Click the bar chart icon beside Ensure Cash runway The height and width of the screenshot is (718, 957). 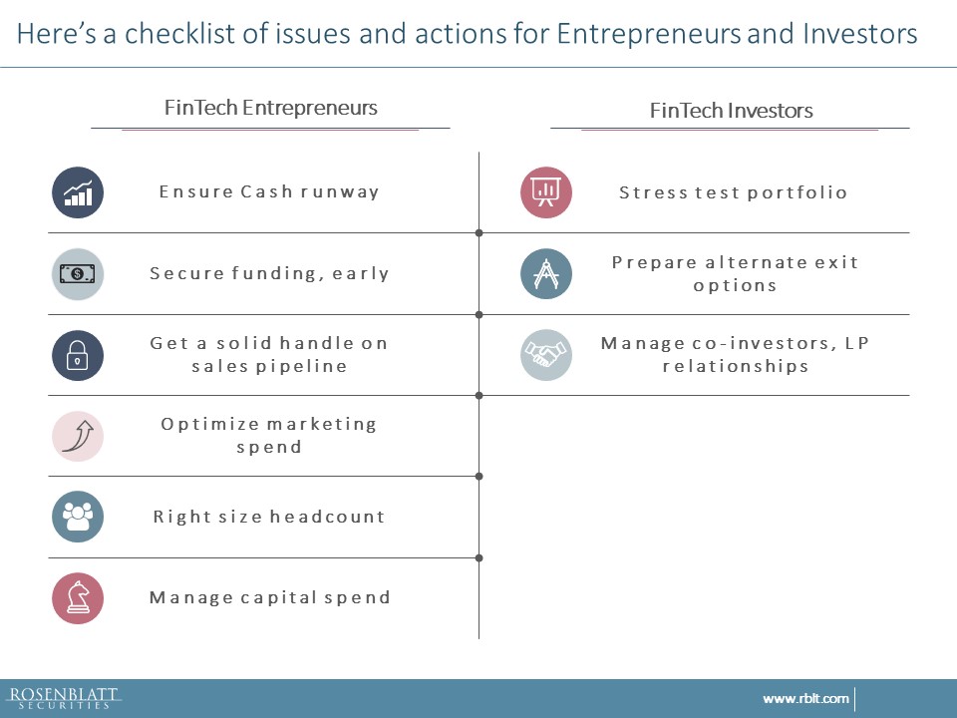[78, 192]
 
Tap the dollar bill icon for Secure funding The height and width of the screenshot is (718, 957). [78, 273]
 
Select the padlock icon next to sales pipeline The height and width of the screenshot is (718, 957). [78, 355]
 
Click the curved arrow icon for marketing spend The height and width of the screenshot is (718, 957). [78, 436]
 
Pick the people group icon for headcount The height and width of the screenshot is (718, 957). [78, 517]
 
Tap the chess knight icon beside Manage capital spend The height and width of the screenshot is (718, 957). [78, 597]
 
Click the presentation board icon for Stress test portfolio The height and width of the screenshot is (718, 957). [546, 192]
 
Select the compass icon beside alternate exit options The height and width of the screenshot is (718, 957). [546, 273]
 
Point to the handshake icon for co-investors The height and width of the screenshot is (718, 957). [546, 355]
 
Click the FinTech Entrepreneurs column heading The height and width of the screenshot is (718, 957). [271, 108]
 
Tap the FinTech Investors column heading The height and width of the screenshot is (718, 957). [731, 111]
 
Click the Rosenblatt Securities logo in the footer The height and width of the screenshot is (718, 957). [64, 698]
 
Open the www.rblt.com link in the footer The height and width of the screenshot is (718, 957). [805, 698]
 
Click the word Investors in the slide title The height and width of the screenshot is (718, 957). [860, 34]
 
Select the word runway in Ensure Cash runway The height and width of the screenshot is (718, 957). [339, 192]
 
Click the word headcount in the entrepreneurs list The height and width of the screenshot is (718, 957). [327, 517]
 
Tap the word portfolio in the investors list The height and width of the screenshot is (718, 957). [797, 192]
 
